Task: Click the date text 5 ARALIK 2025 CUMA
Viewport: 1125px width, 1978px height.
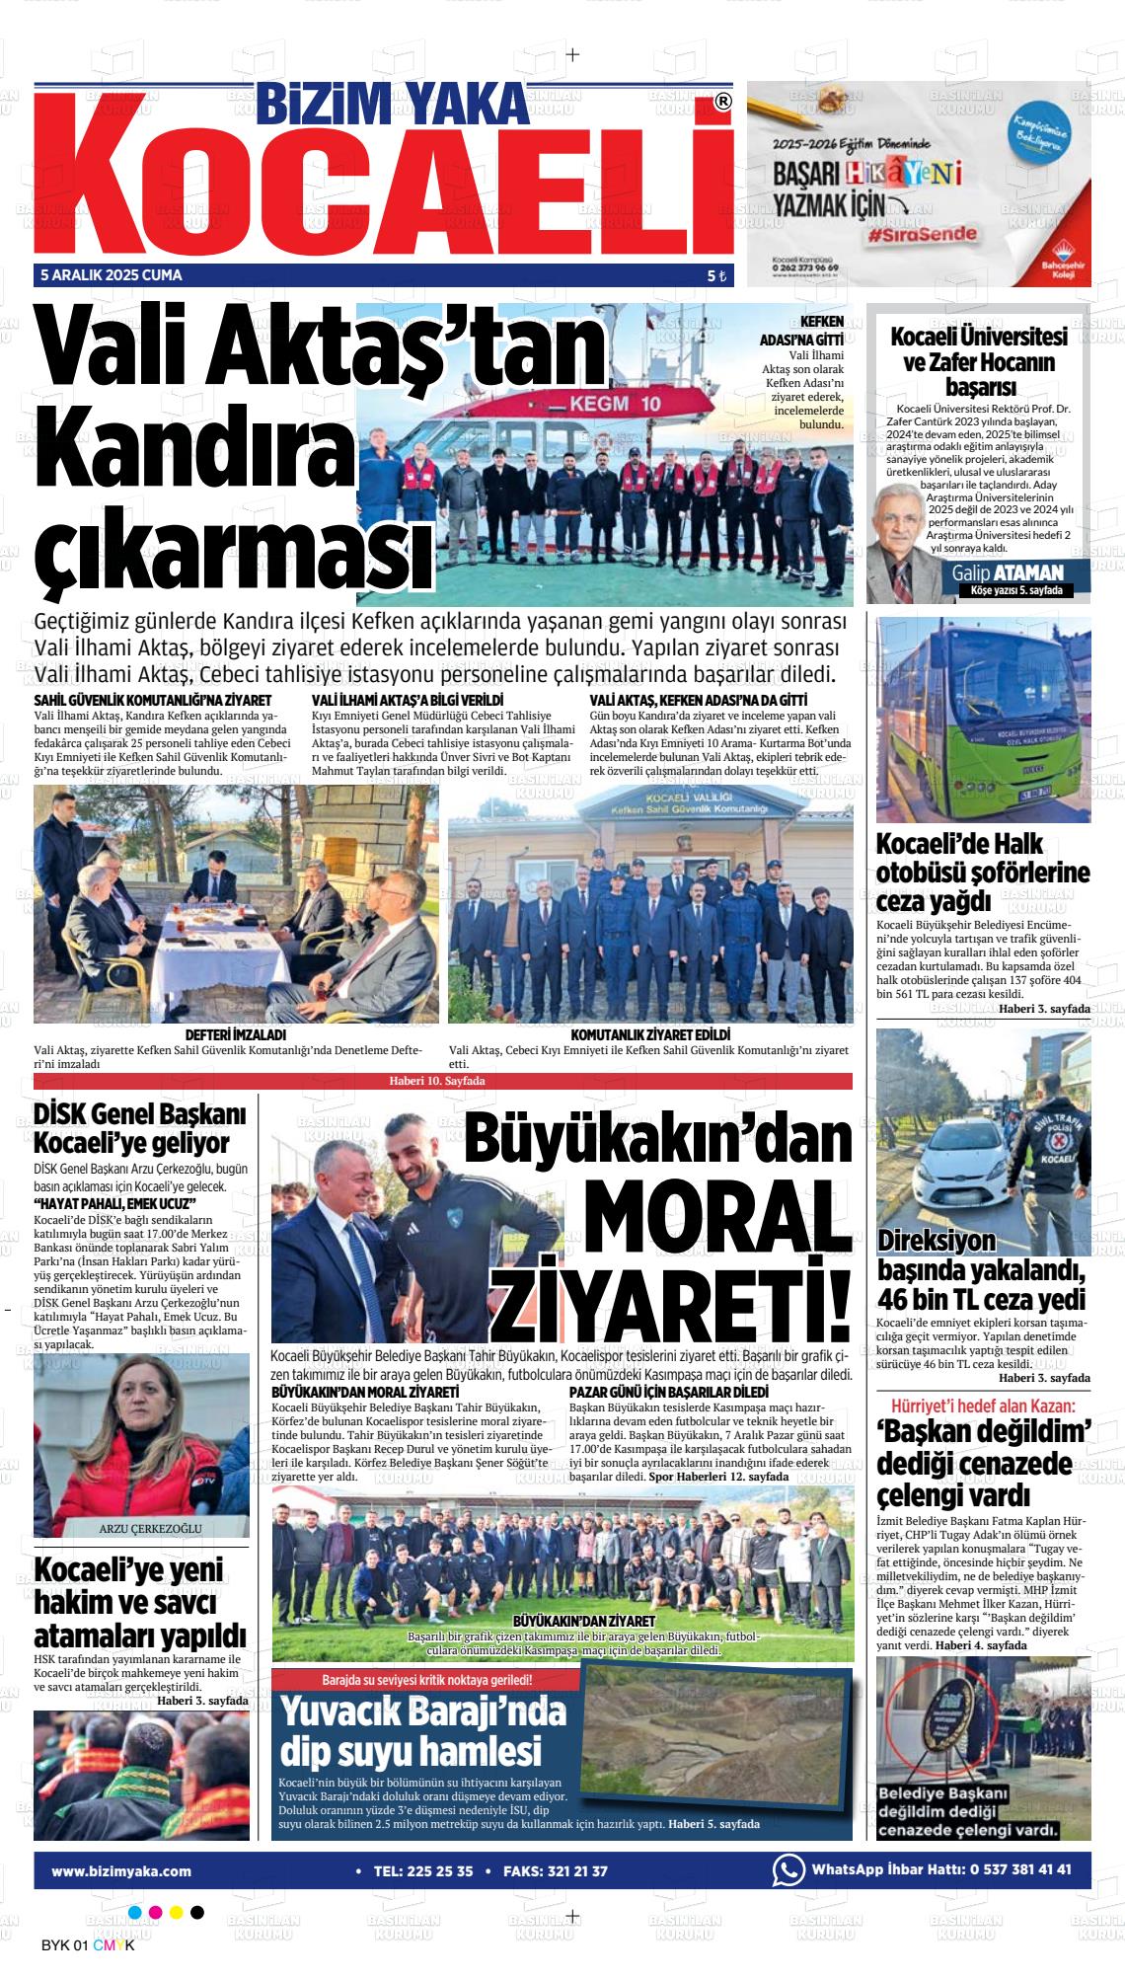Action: click(112, 275)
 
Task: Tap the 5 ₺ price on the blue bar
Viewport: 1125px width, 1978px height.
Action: click(715, 276)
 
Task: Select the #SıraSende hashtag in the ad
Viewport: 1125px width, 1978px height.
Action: click(923, 235)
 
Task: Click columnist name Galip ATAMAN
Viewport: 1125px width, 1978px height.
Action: click(1008, 572)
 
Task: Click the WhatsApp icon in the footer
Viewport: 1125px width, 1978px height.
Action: click(787, 1869)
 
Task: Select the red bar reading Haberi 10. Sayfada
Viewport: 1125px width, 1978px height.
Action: click(442, 1081)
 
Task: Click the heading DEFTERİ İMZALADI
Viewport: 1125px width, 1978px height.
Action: click(236, 1034)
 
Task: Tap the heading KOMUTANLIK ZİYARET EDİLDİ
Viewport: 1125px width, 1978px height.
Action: click(650, 1034)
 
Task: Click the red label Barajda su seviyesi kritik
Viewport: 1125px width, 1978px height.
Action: click(426, 1680)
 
